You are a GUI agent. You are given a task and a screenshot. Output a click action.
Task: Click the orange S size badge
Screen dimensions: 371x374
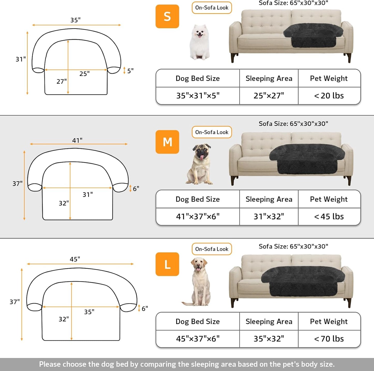(x=167, y=16)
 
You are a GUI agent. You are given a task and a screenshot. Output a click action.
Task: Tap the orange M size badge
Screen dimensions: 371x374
(x=167, y=142)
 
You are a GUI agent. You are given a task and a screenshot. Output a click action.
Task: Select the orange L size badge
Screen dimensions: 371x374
(x=167, y=264)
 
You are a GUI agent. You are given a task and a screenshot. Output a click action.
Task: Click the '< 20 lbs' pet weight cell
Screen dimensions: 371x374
(x=329, y=96)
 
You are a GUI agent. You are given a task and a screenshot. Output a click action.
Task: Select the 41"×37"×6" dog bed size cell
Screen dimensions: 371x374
(x=198, y=216)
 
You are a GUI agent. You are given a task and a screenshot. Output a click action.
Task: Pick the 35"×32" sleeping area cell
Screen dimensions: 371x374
(x=269, y=339)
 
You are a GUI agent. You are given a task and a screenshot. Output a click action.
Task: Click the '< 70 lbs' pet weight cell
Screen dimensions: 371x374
(x=329, y=339)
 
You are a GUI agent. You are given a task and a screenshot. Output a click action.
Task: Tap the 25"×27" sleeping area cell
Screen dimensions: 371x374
(x=269, y=96)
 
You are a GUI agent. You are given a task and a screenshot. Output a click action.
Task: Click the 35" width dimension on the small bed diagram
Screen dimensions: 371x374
(x=75, y=20)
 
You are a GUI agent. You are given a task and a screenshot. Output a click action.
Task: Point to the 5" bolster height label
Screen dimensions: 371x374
(x=130, y=71)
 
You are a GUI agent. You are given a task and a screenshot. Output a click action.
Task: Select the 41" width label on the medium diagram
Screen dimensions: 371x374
(x=77, y=140)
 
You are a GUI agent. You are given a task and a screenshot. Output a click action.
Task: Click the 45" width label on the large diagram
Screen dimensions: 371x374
(x=75, y=259)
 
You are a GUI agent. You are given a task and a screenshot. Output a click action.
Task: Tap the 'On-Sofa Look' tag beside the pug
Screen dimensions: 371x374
(x=212, y=132)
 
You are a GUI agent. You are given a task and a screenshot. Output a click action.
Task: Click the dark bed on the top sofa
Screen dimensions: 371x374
(x=313, y=35)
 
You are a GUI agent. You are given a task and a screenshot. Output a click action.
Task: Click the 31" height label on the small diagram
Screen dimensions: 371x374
(x=21, y=59)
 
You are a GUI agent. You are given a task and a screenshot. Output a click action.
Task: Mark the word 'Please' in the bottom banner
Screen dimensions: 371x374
(x=50, y=364)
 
